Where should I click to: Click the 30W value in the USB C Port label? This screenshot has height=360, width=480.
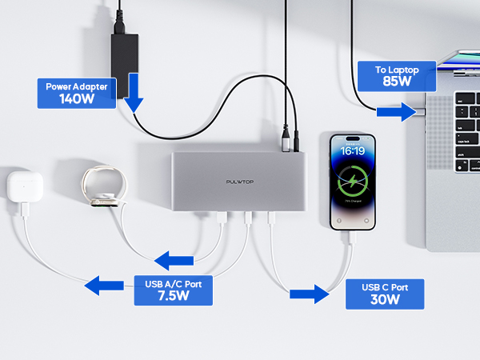pos(385,300)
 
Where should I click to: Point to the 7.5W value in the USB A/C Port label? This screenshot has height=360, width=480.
pos(174,295)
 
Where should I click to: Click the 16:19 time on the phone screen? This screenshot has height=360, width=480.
pos(353,150)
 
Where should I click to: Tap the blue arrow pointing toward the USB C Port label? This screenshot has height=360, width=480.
pos(310,294)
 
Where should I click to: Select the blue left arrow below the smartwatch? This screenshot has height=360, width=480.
pos(174,259)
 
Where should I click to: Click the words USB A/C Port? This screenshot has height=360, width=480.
pos(174,281)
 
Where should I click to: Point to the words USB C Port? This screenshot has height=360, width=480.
pos(385,287)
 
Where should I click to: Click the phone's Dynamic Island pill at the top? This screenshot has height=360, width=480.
pos(353,139)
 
